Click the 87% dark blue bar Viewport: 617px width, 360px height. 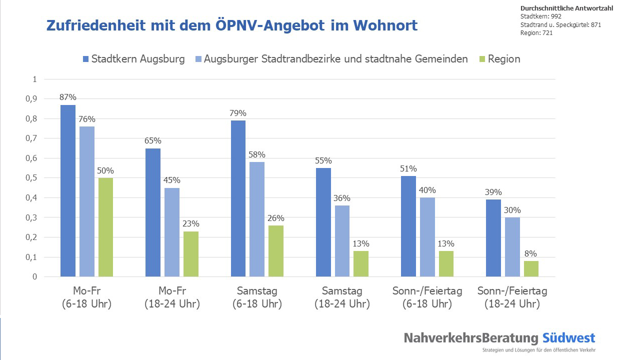click(x=68, y=190)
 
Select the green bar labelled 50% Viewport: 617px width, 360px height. click(x=105, y=227)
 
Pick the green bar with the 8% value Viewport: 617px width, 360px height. click(x=531, y=268)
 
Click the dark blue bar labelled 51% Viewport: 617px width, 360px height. click(x=408, y=226)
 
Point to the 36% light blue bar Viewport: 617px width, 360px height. click(x=342, y=241)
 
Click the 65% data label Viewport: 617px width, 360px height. click(x=153, y=141)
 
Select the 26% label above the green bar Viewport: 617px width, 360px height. click(x=275, y=218)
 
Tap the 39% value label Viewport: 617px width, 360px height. click(x=493, y=192)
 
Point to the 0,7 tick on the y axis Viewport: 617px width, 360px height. click(x=31, y=138)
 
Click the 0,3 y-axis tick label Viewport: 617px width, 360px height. click(x=31, y=217)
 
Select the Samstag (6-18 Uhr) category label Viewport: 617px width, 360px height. click(x=257, y=297)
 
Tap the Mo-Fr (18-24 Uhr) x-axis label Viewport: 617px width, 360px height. click(x=172, y=297)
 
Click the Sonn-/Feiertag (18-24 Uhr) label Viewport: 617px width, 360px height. click(x=512, y=297)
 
